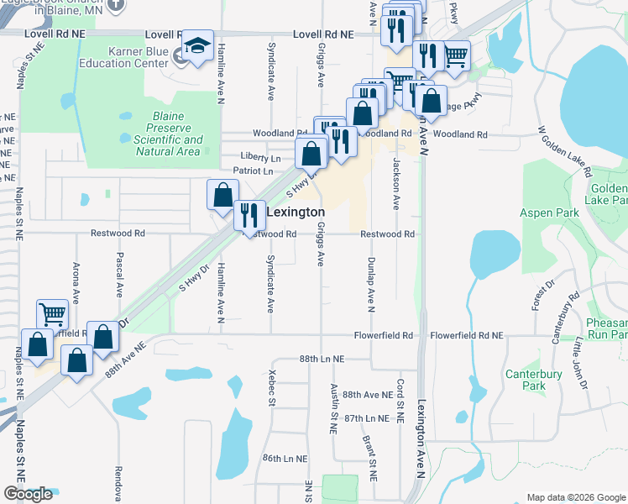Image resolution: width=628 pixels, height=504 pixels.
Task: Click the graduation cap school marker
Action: tap(197, 47)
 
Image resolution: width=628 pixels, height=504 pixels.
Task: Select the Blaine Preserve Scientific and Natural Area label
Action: tap(168, 134)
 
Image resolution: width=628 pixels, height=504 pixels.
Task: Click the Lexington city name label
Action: tap(295, 213)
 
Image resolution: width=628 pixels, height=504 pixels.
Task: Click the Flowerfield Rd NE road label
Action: tap(466, 335)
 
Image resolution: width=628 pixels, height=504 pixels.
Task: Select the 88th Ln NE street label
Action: tap(322, 359)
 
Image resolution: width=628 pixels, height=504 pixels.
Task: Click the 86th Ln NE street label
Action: tap(285, 459)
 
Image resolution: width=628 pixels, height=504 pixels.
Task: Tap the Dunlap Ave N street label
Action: tap(370, 283)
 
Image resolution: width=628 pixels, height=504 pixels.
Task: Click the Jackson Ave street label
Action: tap(395, 183)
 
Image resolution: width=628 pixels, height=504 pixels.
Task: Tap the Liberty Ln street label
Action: tap(259, 157)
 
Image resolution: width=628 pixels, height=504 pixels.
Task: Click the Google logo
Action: tap(28, 494)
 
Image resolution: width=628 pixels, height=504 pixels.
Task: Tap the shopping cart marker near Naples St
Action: tap(52, 315)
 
